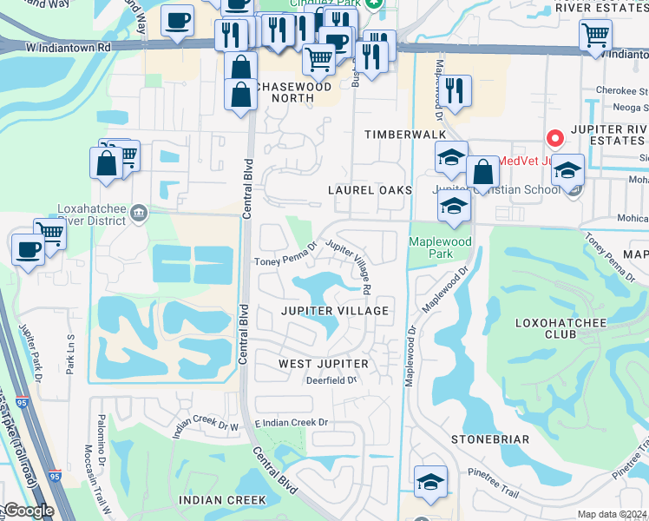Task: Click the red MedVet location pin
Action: point(554,139)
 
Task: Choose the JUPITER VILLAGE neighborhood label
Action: point(333,310)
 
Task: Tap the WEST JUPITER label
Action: point(323,363)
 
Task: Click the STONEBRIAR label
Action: point(490,439)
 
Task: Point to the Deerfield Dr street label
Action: point(330,380)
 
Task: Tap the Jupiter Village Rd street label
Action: point(351,265)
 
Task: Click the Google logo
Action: point(28,511)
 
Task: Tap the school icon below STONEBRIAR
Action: point(430,483)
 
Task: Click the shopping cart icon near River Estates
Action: point(595,36)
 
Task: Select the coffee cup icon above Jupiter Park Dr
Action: point(28,250)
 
